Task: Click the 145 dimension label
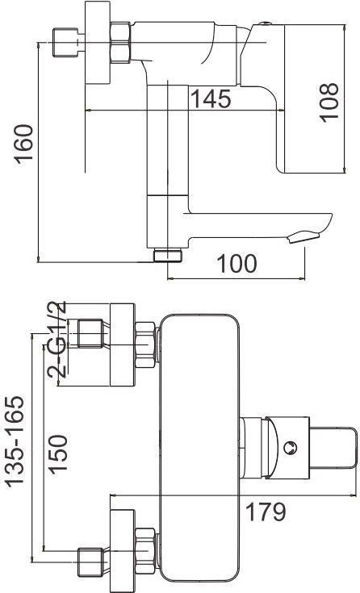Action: click(x=211, y=98)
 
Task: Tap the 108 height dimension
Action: click(x=329, y=102)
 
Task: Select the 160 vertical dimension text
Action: click(x=24, y=144)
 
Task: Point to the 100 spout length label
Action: click(x=237, y=264)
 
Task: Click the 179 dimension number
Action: click(x=266, y=512)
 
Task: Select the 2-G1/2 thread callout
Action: click(x=57, y=339)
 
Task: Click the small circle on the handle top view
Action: click(x=290, y=448)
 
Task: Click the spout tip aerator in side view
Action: click(x=303, y=237)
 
